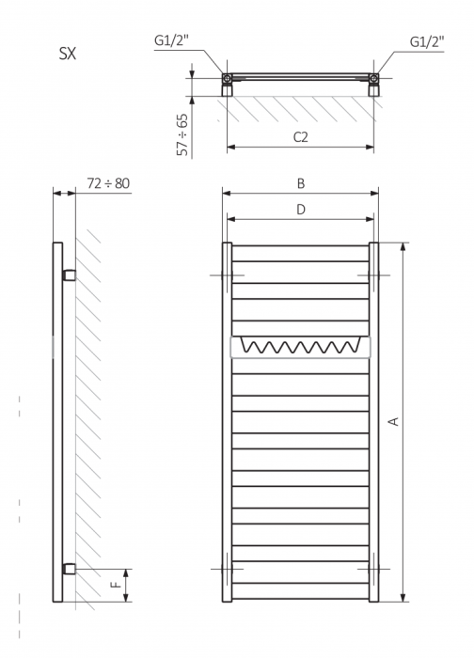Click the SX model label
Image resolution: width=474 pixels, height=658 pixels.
[x=68, y=54]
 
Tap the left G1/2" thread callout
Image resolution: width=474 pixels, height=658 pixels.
[x=171, y=40]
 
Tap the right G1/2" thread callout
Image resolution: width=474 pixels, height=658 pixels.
[x=427, y=41]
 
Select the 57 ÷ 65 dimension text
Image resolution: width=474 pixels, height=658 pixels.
[x=182, y=134]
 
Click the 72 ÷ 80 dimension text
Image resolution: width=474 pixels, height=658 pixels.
[x=108, y=183]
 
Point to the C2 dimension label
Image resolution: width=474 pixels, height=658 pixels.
[x=301, y=137]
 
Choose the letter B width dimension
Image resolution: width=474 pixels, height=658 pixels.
[x=301, y=183]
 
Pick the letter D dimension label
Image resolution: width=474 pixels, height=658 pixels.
[x=301, y=209]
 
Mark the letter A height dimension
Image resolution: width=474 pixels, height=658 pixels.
[x=394, y=421]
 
